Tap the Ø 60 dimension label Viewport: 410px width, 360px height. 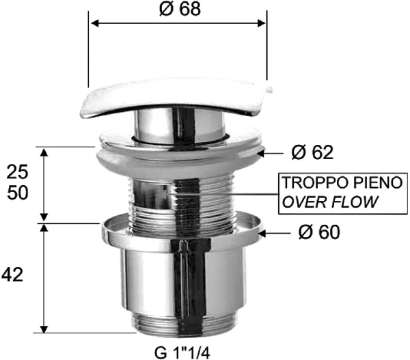coord(318,234)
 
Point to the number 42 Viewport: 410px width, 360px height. coord(14,275)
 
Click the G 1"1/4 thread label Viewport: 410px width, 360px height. coord(180,352)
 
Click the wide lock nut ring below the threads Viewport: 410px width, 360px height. coord(182,232)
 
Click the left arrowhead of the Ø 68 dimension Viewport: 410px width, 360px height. coord(94,22)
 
